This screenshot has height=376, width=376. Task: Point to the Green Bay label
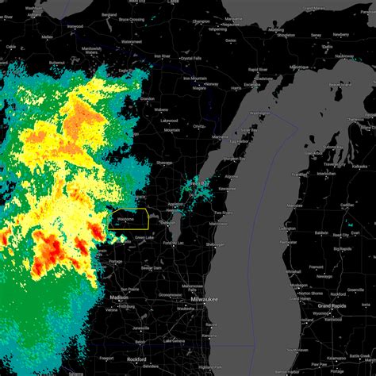(x=199, y=183)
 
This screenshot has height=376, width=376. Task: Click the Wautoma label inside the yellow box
(x=125, y=218)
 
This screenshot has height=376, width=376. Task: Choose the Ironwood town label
(x=75, y=26)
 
